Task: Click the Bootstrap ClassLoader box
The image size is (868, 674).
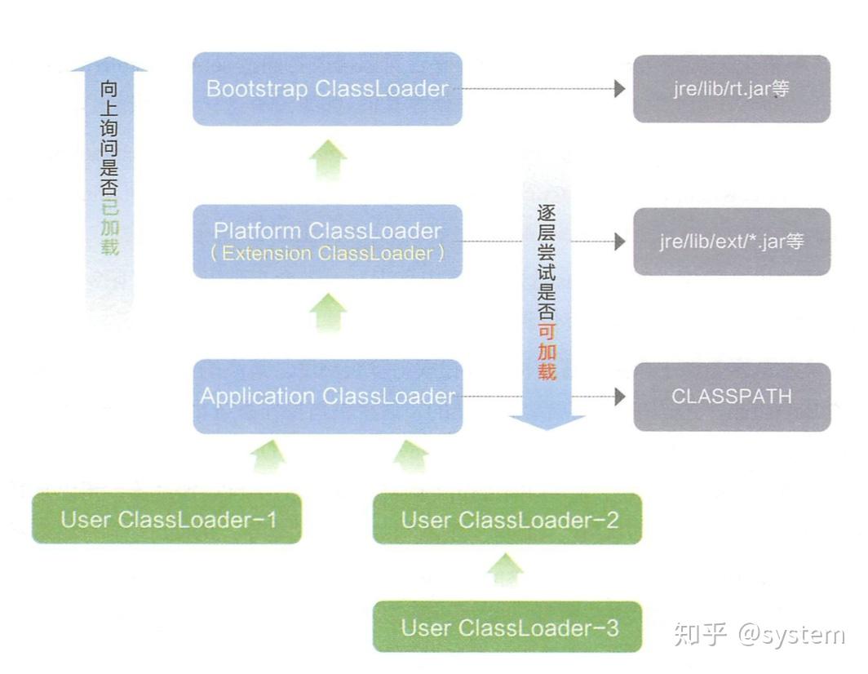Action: coord(327,89)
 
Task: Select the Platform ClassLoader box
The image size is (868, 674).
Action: coord(327,242)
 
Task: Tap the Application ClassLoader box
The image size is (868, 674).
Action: coord(327,397)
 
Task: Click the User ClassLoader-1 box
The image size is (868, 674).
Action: coord(167,519)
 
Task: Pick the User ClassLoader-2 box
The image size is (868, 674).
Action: coord(507,519)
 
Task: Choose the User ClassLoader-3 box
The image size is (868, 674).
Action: coord(507,627)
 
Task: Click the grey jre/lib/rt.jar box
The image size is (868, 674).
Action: coord(731,89)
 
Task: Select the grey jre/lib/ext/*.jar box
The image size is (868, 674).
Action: coord(731,242)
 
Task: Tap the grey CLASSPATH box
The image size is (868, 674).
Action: coord(731,397)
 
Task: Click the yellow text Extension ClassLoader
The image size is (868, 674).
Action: coord(327,253)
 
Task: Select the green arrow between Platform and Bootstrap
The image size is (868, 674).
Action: coord(329,159)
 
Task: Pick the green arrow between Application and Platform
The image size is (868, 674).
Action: coord(329,313)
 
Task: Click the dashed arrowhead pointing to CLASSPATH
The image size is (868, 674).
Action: coord(620,397)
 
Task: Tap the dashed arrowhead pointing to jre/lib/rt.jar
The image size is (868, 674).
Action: coord(620,89)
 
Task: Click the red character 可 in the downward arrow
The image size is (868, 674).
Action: coord(547,332)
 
